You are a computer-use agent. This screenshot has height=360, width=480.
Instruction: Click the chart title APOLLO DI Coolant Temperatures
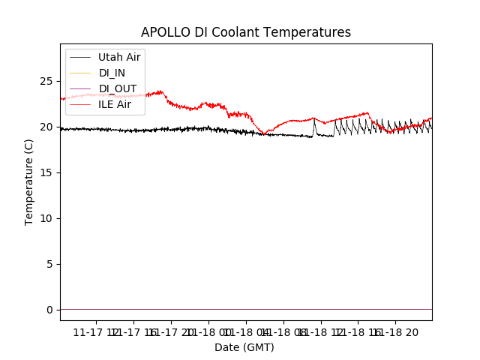pyautogui.click(x=246, y=32)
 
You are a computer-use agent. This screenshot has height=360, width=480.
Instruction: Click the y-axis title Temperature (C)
pyautogui.click(x=29, y=181)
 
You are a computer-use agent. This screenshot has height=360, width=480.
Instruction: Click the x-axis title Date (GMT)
pyautogui.click(x=244, y=347)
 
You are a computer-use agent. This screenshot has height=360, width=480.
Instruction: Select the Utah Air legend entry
pyautogui.click(x=119, y=57)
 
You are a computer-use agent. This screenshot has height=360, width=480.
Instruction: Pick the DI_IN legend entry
pyautogui.click(x=113, y=73)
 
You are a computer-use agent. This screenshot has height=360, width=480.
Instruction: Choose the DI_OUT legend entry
pyautogui.click(x=118, y=88)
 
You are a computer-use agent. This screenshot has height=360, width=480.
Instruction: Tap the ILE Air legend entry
pyautogui.click(x=115, y=104)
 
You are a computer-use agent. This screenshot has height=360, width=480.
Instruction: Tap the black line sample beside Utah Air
pyautogui.click(x=81, y=57)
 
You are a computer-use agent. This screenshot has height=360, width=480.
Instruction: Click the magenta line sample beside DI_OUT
pyautogui.click(x=81, y=88)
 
